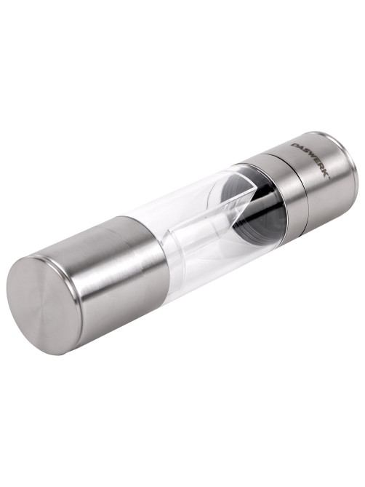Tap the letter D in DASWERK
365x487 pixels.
coord(293,146)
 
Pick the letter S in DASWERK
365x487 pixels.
coord(304,153)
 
